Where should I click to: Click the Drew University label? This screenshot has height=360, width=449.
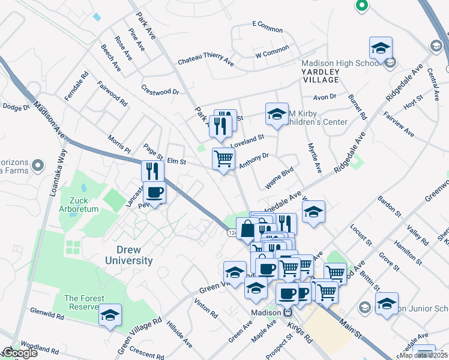(x=129, y=254)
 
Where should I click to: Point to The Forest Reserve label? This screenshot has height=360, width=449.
(x=84, y=302)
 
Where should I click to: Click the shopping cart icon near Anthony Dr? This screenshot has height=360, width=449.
(x=224, y=159)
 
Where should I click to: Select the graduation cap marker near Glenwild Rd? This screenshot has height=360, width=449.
(x=110, y=315)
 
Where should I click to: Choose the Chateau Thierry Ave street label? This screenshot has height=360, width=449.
(x=206, y=61)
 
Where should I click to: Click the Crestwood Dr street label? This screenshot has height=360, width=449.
(x=160, y=92)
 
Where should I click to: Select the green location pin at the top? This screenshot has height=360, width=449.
(x=361, y=6)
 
